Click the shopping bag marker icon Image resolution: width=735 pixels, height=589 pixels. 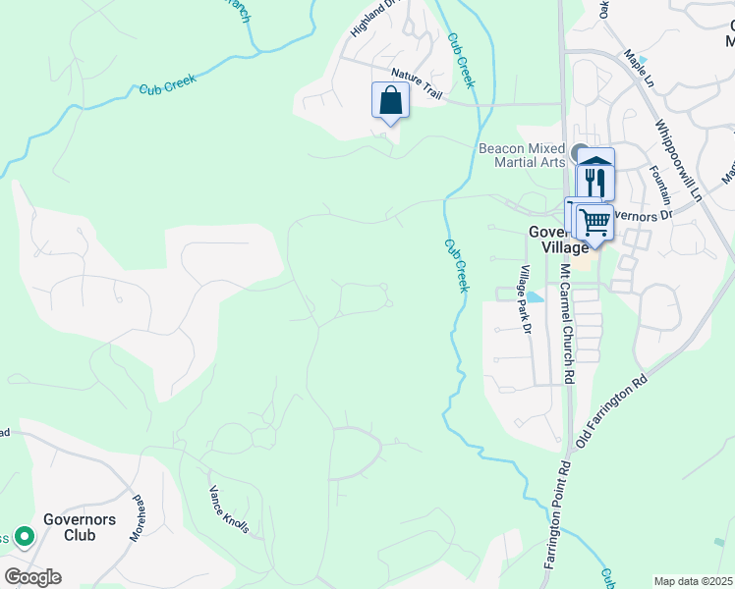390,100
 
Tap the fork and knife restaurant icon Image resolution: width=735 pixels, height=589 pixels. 595,183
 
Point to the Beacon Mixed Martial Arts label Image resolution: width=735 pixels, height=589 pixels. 522,155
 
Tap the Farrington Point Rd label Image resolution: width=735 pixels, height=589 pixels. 556,513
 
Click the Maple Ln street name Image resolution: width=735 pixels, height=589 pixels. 639,72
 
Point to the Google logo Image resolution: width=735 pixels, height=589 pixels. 32,577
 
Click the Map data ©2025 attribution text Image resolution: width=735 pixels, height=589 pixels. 694,581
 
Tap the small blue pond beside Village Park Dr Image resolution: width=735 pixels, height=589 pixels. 534,296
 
